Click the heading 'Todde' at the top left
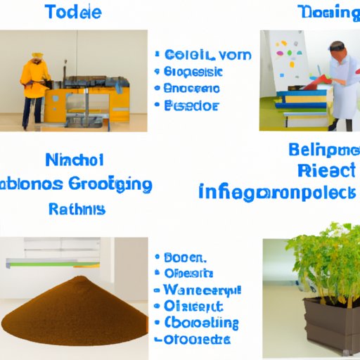pyautogui.click(x=72, y=12)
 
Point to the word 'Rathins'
pyautogui.click(x=77, y=209)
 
